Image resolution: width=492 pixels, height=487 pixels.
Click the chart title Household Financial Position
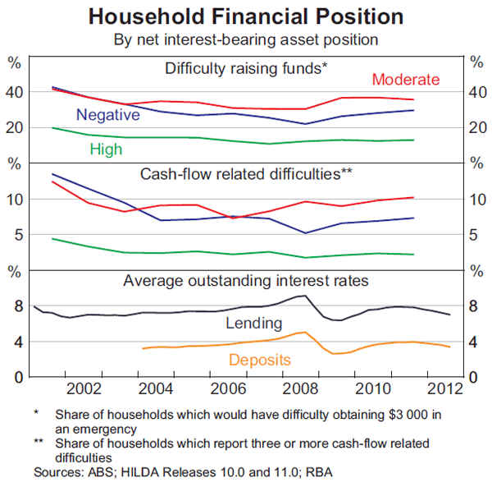coord(245,16)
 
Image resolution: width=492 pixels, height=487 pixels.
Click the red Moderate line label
coord(406,80)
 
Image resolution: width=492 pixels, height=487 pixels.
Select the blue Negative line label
coord(107,115)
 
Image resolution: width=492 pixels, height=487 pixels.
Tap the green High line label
coord(107,149)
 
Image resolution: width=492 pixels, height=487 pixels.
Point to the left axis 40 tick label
coord(15,93)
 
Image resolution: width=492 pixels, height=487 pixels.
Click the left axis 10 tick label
coord(15,200)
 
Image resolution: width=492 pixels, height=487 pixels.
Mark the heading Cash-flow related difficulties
coord(246,174)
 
